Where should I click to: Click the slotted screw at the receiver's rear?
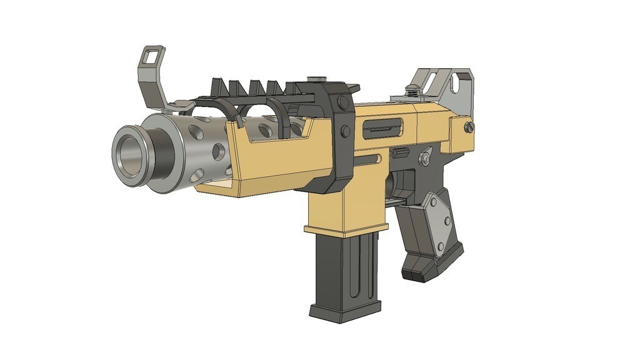pyautogui.click(x=469, y=126)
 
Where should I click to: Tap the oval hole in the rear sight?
pyautogui.click(x=462, y=80)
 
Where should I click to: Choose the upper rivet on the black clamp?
pyautogui.click(x=341, y=104)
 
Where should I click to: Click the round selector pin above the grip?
pyautogui.click(x=425, y=159)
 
